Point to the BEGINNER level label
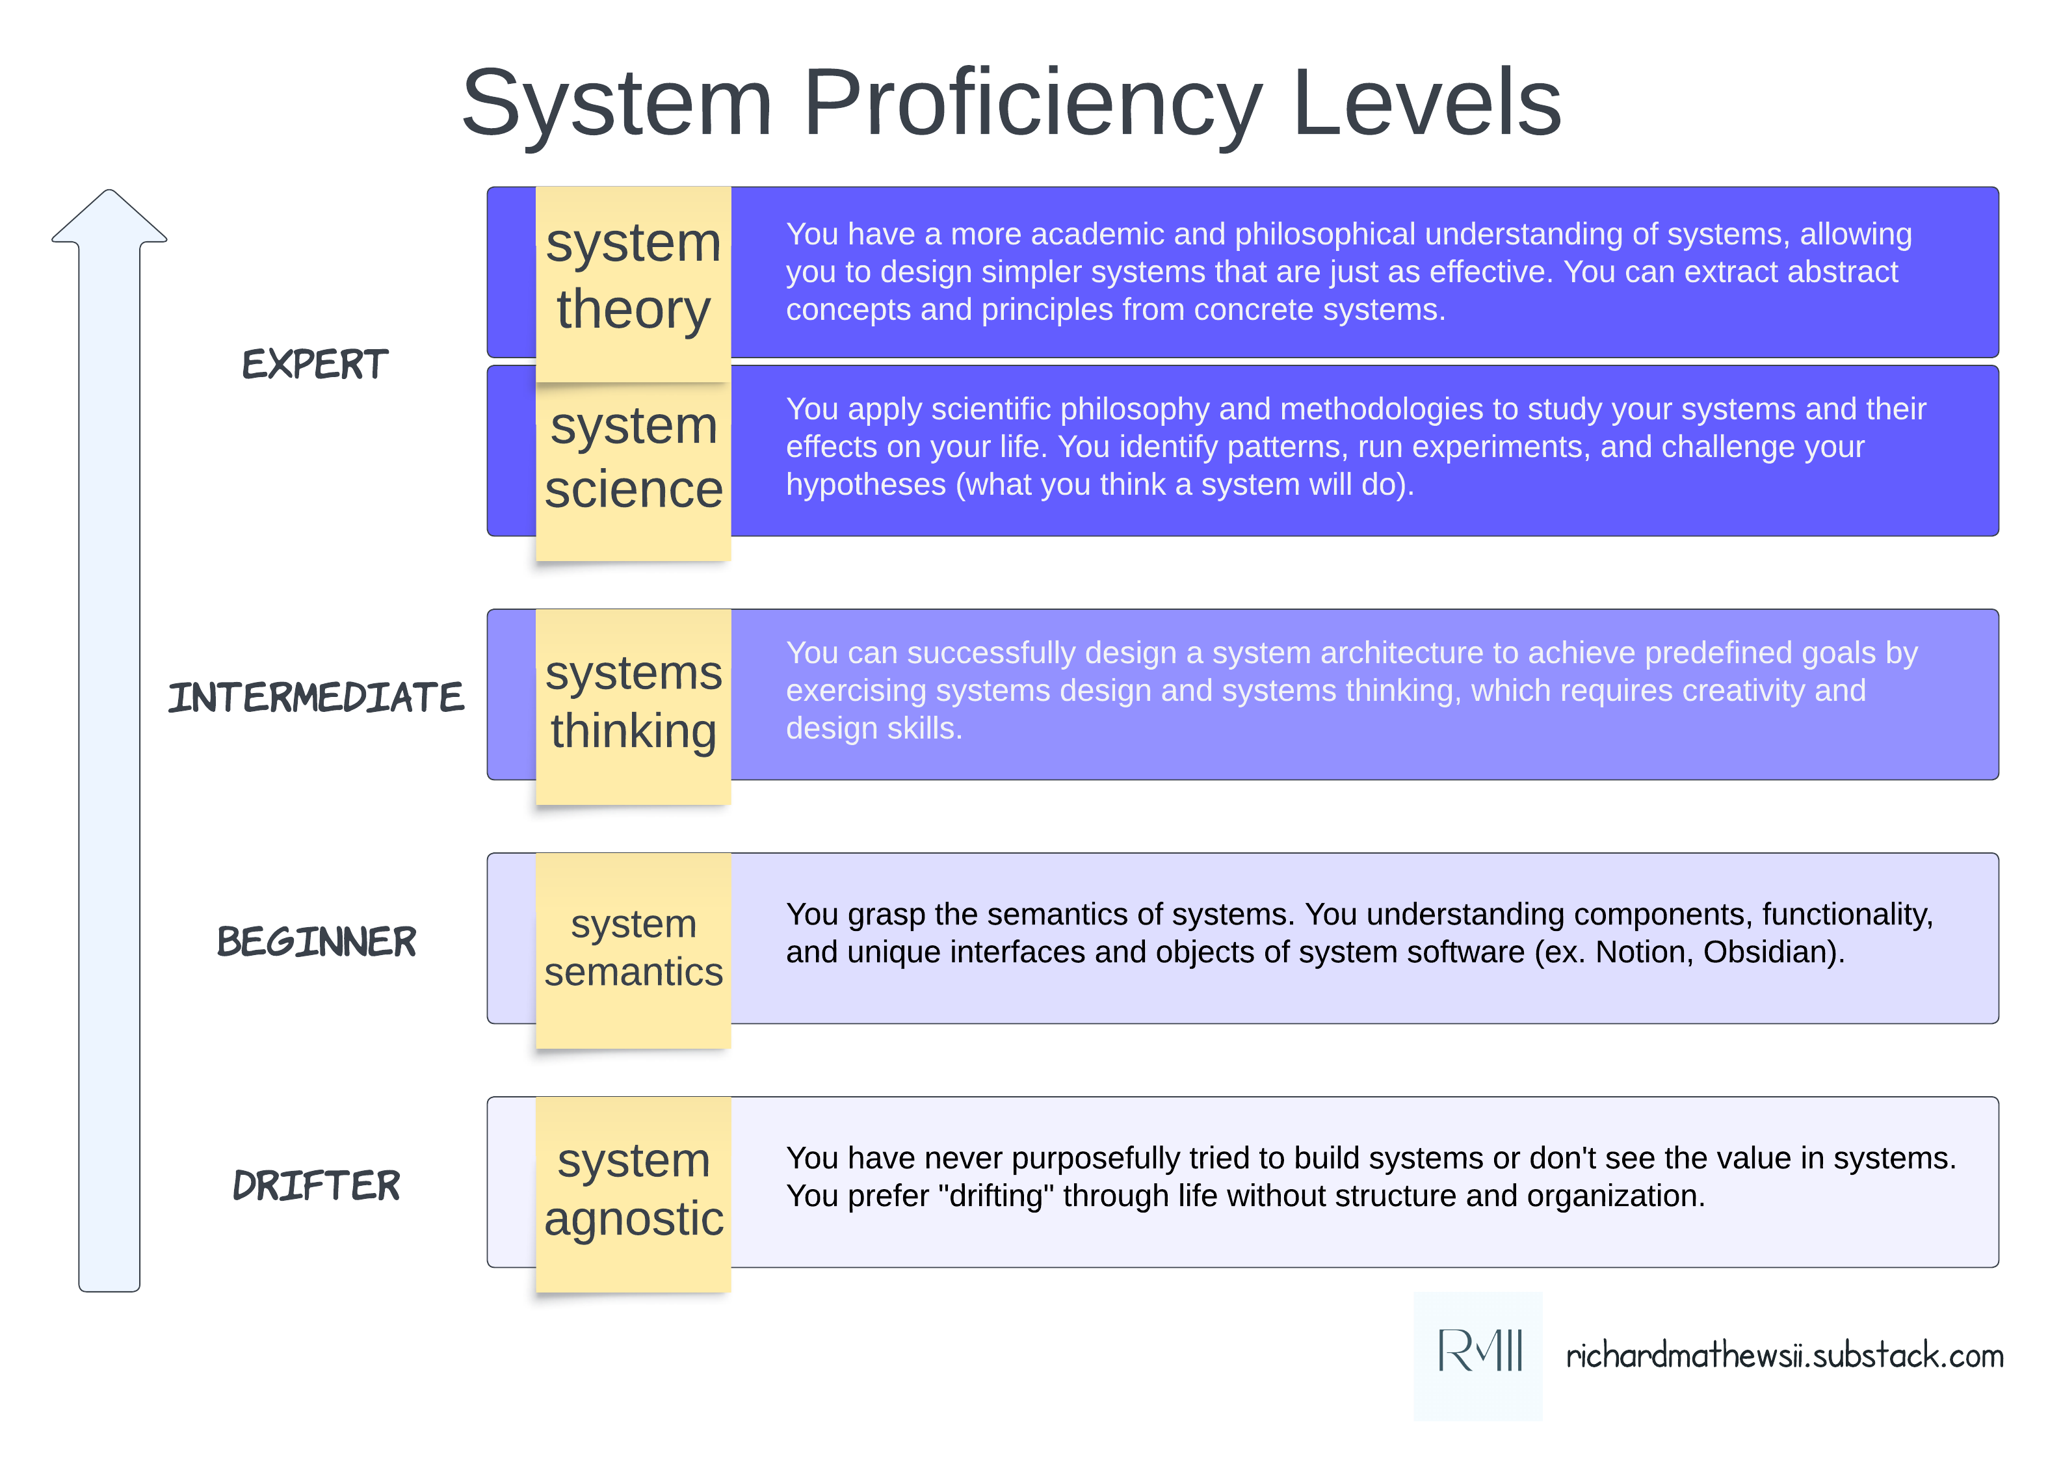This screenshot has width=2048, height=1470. coord(316,942)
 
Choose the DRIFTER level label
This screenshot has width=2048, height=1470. coord(316,1186)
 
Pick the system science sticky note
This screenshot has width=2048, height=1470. coord(633,460)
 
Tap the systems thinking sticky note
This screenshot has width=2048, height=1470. coord(633,704)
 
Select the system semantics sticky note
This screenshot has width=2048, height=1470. coord(633,948)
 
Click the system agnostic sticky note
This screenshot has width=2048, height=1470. coord(633,1192)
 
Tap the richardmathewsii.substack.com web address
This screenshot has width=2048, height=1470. coord(1784,1356)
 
